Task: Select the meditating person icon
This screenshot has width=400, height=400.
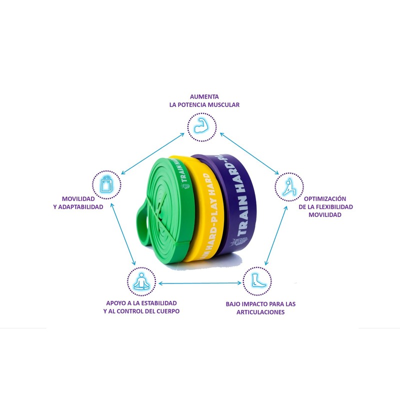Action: [x=141, y=280]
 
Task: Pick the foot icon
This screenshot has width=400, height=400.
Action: [x=256, y=280]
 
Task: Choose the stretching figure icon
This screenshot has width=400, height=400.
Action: [x=289, y=186]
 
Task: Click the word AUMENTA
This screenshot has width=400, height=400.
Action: [x=204, y=96]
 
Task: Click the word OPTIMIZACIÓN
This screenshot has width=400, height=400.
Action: [x=324, y=198]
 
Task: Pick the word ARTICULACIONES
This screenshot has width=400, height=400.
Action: [x=260, y=312]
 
